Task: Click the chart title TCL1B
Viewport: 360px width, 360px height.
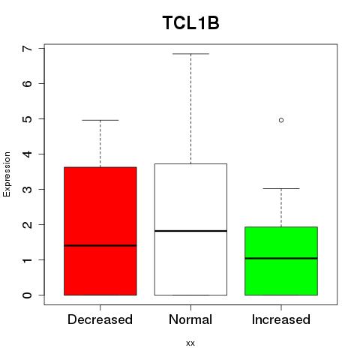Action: (x=190, y=23)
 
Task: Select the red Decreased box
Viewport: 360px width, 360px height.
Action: (x=100, y=231)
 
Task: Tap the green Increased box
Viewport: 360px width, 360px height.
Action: (x=281, y=261)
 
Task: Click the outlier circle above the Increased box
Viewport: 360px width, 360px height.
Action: (x=281, y=120)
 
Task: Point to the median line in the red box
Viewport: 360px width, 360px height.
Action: (x=100, y=245)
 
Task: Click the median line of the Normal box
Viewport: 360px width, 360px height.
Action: (x=190, y=231)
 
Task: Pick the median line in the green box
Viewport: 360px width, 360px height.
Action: (x=281, y=258)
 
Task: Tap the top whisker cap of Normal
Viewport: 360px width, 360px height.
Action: (x=190, y=54)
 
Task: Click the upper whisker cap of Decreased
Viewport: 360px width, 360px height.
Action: (x=100, y=120)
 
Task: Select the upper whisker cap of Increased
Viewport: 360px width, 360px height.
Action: (x=281, y=188)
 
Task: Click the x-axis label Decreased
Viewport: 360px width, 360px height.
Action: (x=100, y=319)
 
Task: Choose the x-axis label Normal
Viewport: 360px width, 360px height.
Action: (x=190, y=319)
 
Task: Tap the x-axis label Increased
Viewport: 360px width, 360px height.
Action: (x=281, y=319)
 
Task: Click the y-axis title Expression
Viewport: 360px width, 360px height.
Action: (x=7, y=174)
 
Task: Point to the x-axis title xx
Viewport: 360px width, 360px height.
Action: (x=190, y=343)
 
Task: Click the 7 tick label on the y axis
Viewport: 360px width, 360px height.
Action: (x=27, y=48)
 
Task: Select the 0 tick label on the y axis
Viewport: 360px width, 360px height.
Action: (x=27, y=295)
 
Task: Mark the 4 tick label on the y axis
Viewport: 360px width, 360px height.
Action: (x=27, y=154)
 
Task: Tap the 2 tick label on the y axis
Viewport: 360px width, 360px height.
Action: (x=27, y=224)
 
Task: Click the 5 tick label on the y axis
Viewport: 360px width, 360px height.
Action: (x=27, y=118)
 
